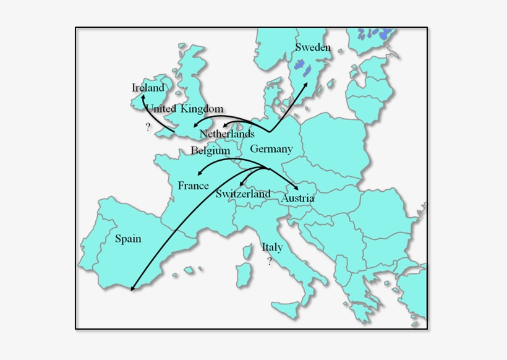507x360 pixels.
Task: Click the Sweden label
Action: pos(313,48)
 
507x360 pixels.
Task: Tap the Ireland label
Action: pos(148,88)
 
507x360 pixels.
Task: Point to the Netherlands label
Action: pos(227,134)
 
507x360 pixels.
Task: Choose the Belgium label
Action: pos(210,150)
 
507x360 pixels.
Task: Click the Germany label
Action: pos(271,149)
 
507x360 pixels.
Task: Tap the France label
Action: pos(194,186)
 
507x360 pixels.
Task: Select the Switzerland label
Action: pos(243,194)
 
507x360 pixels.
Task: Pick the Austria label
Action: pos(297,199)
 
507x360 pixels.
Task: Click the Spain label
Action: pos(128,239)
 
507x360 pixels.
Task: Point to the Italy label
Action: pos(272,247)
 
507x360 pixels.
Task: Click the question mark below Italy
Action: pos(270,261)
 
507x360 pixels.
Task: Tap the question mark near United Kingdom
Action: pos(148,127)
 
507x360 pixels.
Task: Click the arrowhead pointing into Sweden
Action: pos(307,84)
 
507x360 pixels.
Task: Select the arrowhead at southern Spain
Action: pos(133,288)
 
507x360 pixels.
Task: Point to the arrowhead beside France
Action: pos(198,174)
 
